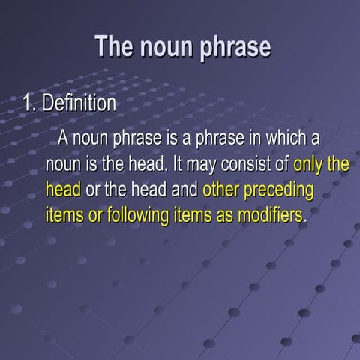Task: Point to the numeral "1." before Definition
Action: click(x=28, y=103)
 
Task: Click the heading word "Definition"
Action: click(x=78, y=103)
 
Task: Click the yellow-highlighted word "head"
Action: click(x=63, y=189)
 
